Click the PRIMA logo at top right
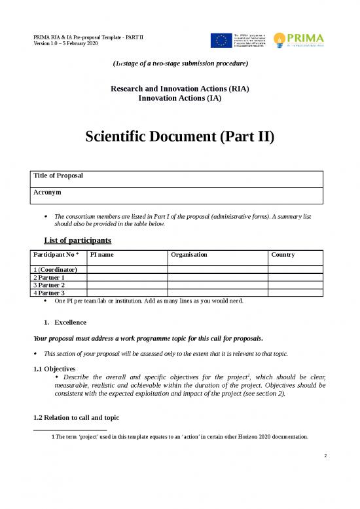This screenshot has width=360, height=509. (x=300, y=39)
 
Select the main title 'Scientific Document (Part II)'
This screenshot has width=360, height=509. (x=179, y=138)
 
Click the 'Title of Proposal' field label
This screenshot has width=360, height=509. (x=58, y=176)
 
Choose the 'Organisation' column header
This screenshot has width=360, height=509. (x=189, y=254)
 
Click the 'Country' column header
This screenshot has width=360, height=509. (x=283, y=254)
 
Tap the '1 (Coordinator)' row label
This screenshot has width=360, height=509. (x=56, y=269)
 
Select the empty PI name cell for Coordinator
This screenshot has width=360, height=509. (x=127, y=269)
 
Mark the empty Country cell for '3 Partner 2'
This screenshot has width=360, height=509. (x=295, y=285)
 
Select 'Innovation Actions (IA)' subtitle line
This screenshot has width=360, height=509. (x=180, y=98)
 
